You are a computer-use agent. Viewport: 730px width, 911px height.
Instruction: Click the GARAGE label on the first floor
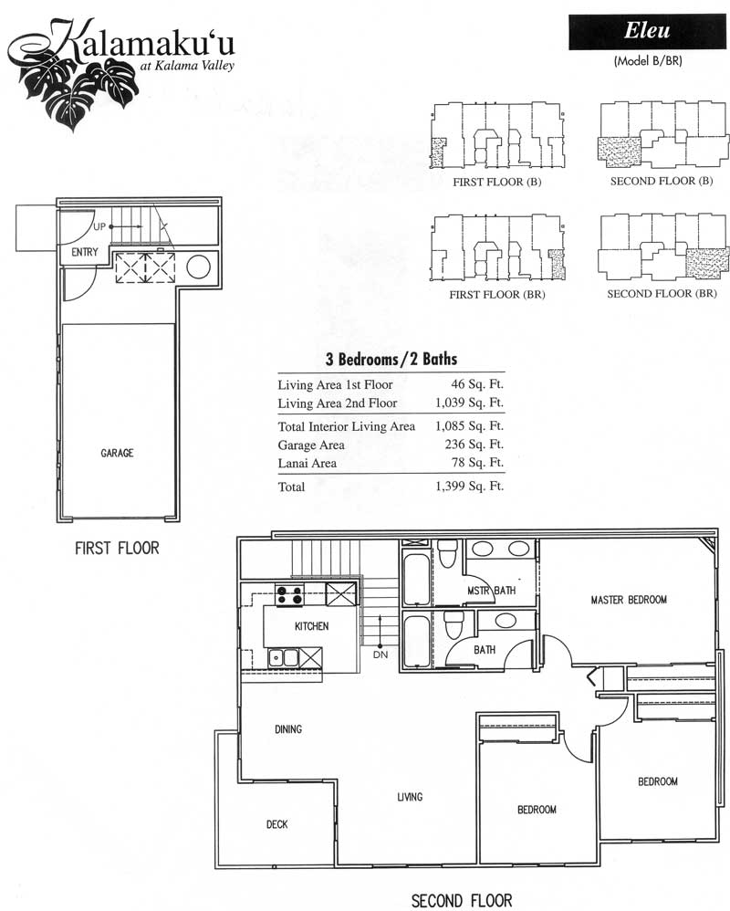[x=117, y=453]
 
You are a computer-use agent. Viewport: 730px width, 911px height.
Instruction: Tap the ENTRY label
[x=85, y=252]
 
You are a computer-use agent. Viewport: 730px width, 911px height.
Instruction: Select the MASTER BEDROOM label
[x=629, y=600]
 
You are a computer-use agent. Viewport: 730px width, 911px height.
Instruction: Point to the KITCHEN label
[x=311, y=625]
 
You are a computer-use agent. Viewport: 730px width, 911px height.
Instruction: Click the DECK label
[x=277, y=824]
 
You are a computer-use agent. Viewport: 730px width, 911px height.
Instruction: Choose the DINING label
[x=288, y=729]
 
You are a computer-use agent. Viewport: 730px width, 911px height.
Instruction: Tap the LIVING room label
[x=410, y=797]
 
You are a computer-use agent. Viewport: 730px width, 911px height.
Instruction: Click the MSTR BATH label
[x=491, y=591]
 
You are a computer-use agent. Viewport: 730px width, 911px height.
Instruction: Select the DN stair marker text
[x=381, y=654]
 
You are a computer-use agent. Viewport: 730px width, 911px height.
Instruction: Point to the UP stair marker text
[x=99, y=226]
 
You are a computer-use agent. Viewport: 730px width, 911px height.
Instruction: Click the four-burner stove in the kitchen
[x=290, y=595]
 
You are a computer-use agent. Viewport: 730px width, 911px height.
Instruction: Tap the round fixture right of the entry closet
[x=199, y=267]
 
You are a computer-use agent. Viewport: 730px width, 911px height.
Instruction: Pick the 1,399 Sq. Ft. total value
[x=469, y=486]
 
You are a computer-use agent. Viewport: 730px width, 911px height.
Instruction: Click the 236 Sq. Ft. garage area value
[x=474, y=445]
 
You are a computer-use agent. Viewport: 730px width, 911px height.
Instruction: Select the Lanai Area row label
[x=308, y=463]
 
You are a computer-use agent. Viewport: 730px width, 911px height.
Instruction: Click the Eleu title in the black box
[x=647, y=30]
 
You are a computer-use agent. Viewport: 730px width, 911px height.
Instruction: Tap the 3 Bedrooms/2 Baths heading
[x=391, y=359]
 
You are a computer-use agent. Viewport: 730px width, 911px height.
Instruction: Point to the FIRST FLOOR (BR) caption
[x=497, y=295]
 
